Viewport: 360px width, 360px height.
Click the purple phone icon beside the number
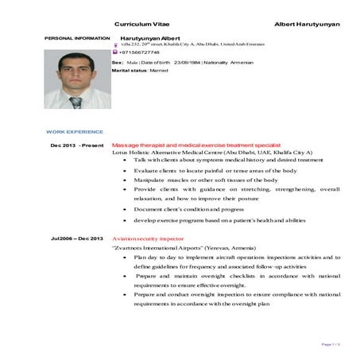tap(116, 52)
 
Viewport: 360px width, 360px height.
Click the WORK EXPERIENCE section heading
tap(74, 130)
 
